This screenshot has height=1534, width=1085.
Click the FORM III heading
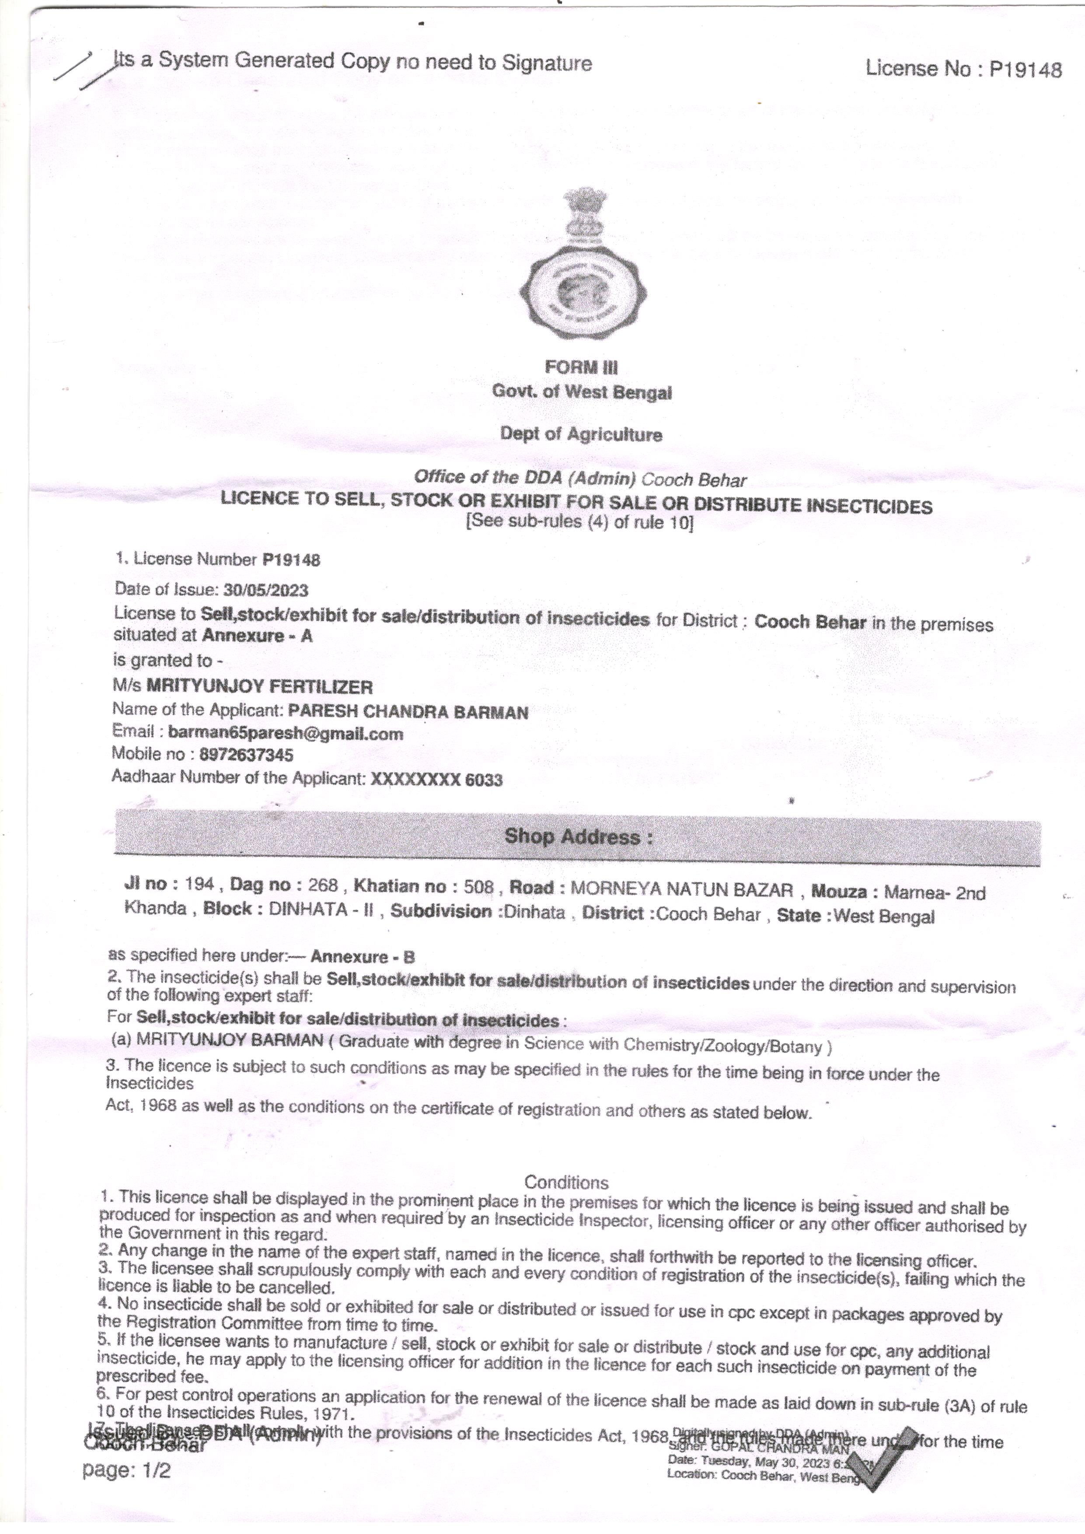click(581, 367)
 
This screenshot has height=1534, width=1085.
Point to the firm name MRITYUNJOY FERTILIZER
click(259, 686)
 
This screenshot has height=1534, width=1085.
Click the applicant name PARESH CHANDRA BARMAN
click(408, 712)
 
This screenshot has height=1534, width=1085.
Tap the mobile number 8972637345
click(246, 755)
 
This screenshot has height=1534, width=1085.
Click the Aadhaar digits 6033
click(484, 780)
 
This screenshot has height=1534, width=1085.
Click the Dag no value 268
click(323, 885)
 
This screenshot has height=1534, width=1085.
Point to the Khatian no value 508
click(478, 887)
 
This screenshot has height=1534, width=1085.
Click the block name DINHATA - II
click(321, 909)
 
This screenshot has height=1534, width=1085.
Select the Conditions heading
click(566, 1183)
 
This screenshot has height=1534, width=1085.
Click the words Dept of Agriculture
click(581, 434)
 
